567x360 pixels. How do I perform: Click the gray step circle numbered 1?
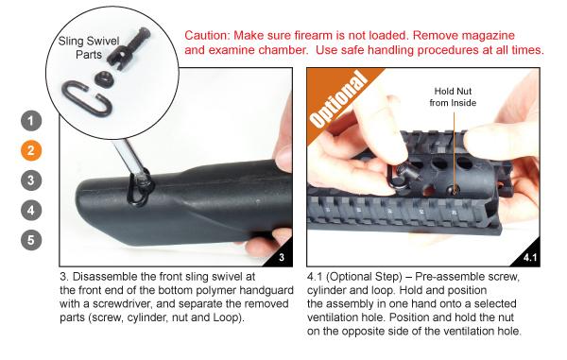[31, 120]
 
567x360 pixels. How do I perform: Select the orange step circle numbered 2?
[31, 150]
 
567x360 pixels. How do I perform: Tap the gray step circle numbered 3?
[31, 180]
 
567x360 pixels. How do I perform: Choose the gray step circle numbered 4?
[31, 211]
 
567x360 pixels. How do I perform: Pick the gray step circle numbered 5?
[31, 240]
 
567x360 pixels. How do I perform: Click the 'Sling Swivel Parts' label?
[89, 47]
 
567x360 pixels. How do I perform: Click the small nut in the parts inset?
[103, 77]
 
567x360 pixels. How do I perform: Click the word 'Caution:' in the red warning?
[207, 35]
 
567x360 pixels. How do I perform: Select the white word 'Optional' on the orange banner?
[337, 100]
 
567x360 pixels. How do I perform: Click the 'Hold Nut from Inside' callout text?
[453, 97]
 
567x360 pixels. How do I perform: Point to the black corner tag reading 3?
[282, 257]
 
